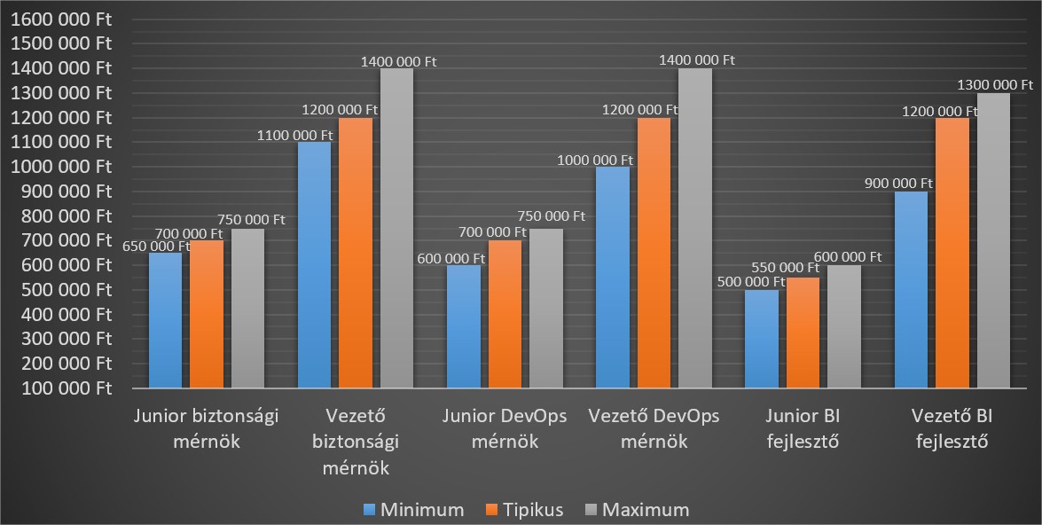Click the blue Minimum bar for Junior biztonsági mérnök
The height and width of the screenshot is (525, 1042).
click(x=165, y=320)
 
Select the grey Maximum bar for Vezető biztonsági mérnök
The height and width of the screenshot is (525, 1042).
click(x=396, y=228)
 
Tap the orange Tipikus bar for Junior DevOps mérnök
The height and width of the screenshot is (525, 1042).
click(x=505, y=314)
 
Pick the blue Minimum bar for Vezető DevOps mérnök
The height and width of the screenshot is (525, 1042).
click(x=613, y=277)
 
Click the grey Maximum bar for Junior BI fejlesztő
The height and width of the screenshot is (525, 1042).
click(x=843, y=326)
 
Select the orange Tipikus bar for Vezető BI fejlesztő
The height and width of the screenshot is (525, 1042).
click(x=952, y=253)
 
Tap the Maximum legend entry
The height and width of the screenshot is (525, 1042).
click(x=637, y=509)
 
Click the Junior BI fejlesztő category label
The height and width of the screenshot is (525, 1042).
click(x=803, y=428)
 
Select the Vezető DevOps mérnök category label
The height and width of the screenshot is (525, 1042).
click(x=654, y=428)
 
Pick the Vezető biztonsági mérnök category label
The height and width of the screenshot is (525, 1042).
click(x=355, y=441)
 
